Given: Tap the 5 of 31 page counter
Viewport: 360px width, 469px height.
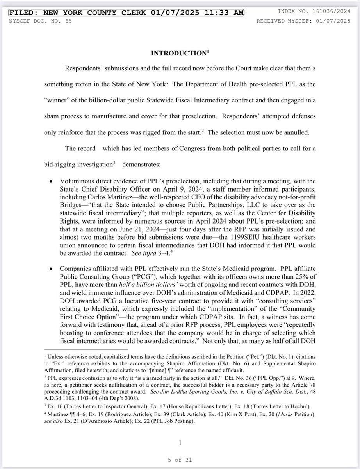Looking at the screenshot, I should (180, 460).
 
